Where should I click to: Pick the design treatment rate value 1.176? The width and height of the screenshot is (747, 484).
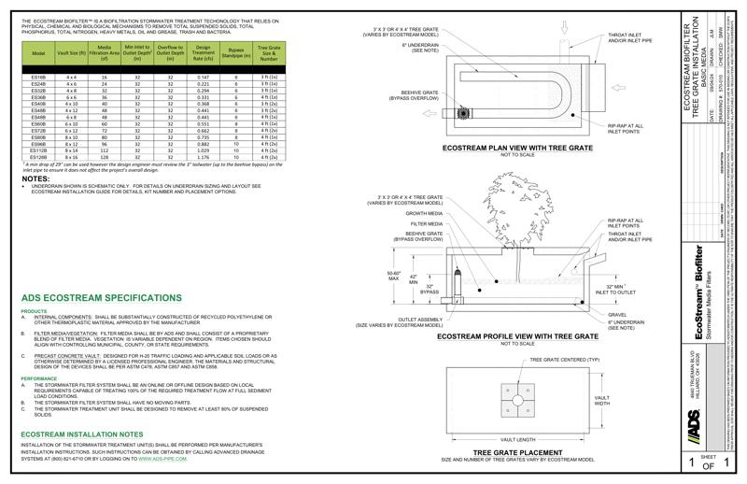[x=204, y=156]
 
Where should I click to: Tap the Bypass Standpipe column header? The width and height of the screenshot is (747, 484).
[x=237, y=51]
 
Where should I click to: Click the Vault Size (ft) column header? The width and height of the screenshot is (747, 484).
[x=71, y=53]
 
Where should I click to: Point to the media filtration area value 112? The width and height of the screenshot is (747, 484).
[x=105, y=149]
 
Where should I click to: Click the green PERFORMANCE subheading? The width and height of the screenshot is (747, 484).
[x=39, y=378]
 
